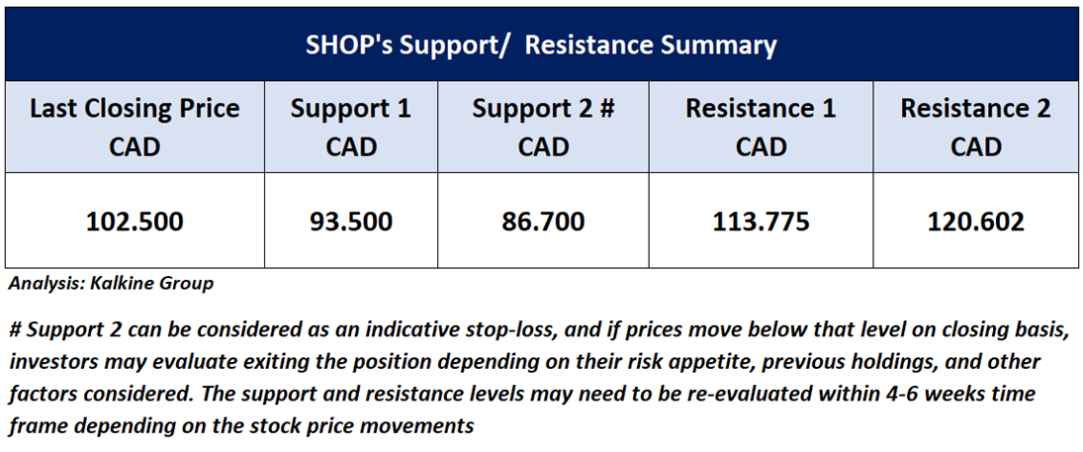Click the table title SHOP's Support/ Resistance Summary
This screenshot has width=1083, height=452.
pyautogui.click(x=542, y=45)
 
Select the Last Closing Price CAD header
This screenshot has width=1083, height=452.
pyautogui.click(x=135, y=128)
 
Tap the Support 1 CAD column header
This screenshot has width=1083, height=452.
pyautogui.click(x=350, y=128)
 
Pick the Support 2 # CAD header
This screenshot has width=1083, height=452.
pyautogui.click(x=544, y=128)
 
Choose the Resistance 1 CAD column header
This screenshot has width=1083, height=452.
pyautogui.click(x=761, y=128)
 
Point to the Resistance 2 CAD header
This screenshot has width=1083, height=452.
pyautogui.click(x=976, y=128)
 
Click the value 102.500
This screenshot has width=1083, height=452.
pyautogui.click(x=135, y=222)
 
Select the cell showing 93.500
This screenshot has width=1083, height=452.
pyautogui.click(x=350, y=222)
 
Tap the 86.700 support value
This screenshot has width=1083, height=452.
pyautogui.click(x=544, y=222)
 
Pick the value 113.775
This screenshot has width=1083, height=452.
pyautogui.click(x=761, y=222)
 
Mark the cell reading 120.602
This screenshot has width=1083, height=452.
pyautogui.click(x=976, y=222)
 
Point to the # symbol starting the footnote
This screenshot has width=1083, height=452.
pyautogui.click(x=15, y=331)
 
